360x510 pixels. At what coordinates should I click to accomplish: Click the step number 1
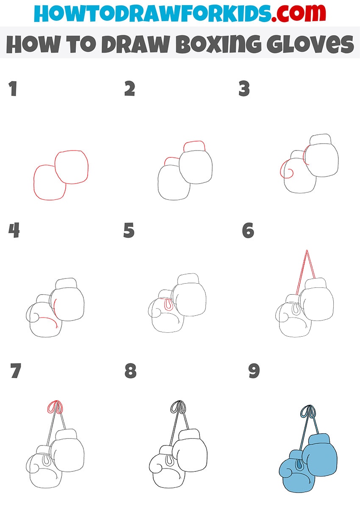click(x=13, y=89)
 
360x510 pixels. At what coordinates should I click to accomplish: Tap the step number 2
click(x=130, y=88)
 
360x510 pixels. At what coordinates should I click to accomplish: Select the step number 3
click(x=244, y=88)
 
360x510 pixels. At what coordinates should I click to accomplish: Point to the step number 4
click(x=14, y=230)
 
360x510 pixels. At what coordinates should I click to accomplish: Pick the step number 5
click(x=129, y=230)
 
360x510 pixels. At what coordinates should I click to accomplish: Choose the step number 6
click(x=248, y=230)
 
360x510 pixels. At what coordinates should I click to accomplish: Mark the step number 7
click(x=16, y=371)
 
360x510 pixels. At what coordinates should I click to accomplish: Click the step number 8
click(x=130, y=371)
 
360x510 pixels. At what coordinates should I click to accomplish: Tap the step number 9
click(x=254, y=371)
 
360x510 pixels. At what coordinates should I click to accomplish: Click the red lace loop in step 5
click(x=169, y=305)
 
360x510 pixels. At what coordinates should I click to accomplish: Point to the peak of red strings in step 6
click(x=307, y=250)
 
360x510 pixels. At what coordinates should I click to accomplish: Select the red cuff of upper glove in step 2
click(x=194, y=146)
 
